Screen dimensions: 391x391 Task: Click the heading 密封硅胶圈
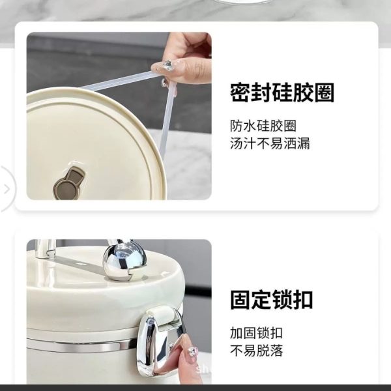click(x=282, y=93)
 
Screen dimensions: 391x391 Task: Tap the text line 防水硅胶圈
click(x=263, y=126)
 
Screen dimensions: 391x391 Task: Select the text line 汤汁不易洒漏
click(x=270, y=143)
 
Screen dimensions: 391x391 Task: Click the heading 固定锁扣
click(x=271, y=300)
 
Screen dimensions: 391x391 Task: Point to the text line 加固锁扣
click(x=256, y=333)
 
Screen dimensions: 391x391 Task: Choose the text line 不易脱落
click(x=256, y=351)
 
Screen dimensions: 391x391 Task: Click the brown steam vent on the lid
click(x=69, y=184)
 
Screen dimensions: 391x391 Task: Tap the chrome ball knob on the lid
click(x=124, y=261)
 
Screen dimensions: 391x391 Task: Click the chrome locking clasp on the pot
click(x=160, y=341)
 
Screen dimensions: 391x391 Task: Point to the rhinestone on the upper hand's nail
click(x=167, y=65)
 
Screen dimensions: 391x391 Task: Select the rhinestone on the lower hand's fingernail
click(x=192, y=353)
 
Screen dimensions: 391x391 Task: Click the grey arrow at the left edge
click(x=7, y=189)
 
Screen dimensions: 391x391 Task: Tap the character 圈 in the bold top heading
click(x=324, y=93)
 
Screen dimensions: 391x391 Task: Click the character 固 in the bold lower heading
click(x=240, y=300)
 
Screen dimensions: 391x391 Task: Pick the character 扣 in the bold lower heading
click(x=303, y=300)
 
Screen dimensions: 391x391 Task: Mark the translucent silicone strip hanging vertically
click(x=167, y=121)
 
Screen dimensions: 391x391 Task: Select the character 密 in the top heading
click(x=240, y=93)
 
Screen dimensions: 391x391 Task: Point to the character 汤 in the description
click(x=237, y=143)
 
